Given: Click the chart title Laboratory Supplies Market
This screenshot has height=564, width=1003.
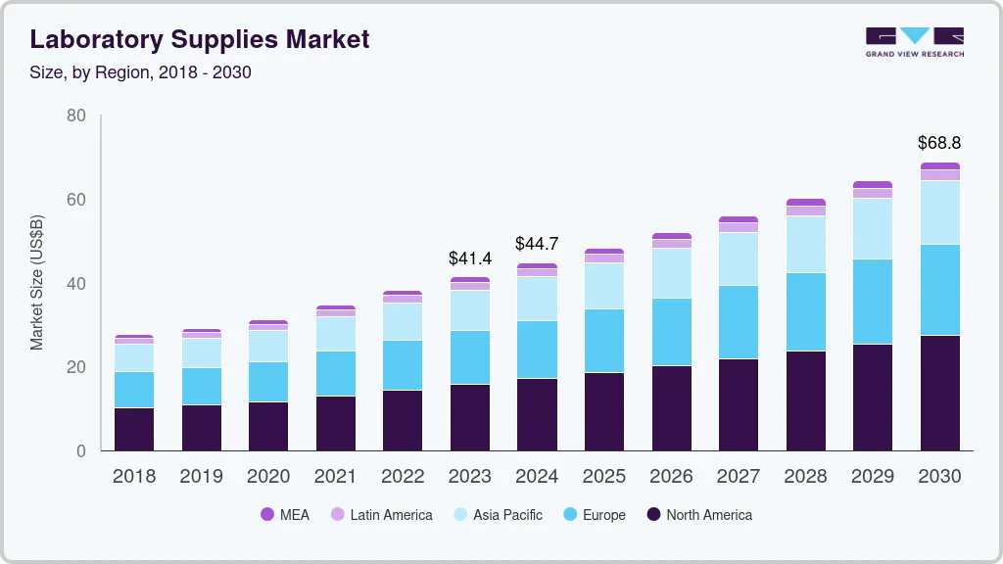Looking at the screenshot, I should pos(200,39).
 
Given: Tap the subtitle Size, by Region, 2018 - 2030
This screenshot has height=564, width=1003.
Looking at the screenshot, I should pos(141,71).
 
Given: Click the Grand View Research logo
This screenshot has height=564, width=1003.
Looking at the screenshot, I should pos(914,42).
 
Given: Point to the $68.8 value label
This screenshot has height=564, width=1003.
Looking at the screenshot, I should pos(939,143).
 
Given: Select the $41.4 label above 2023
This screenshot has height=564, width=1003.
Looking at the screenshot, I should pos(470,258).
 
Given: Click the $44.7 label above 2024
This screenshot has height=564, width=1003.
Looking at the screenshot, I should pos(537,244).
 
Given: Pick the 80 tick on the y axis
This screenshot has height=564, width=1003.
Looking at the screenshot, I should pos(75,117).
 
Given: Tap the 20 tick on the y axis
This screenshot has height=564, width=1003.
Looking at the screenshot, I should pos(75,368).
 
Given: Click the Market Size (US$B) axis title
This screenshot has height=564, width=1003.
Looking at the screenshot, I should pos(37,283).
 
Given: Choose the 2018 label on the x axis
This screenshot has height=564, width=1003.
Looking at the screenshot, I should pos(134,477).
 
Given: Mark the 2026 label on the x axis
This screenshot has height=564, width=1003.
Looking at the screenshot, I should pos(671,477).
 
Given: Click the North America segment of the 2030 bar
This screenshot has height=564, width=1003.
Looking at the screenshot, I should pos(940,393).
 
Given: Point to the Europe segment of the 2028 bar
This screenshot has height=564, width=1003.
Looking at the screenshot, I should pos(805,311).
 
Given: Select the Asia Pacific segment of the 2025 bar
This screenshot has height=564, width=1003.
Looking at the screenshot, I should pos(604,286).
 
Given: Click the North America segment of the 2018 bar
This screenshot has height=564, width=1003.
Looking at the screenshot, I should pos(134,429).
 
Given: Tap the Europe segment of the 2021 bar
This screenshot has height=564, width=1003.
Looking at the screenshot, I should pos(336,373).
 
